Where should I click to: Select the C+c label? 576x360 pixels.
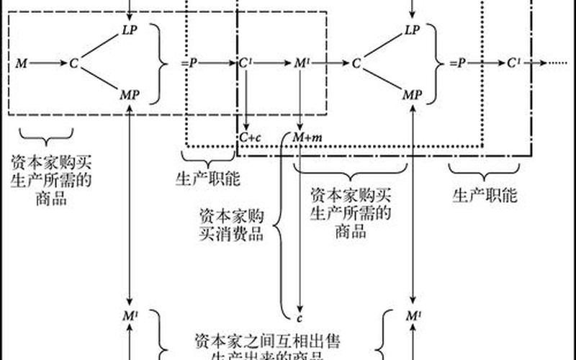[x=251, y=137]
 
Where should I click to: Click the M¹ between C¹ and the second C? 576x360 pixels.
[x=302, y=63]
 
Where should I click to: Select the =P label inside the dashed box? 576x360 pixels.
[x=189, y=63]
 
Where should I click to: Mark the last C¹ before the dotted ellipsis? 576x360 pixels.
[x=514, y=63]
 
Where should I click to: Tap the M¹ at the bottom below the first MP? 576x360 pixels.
[x=129, y=315]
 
